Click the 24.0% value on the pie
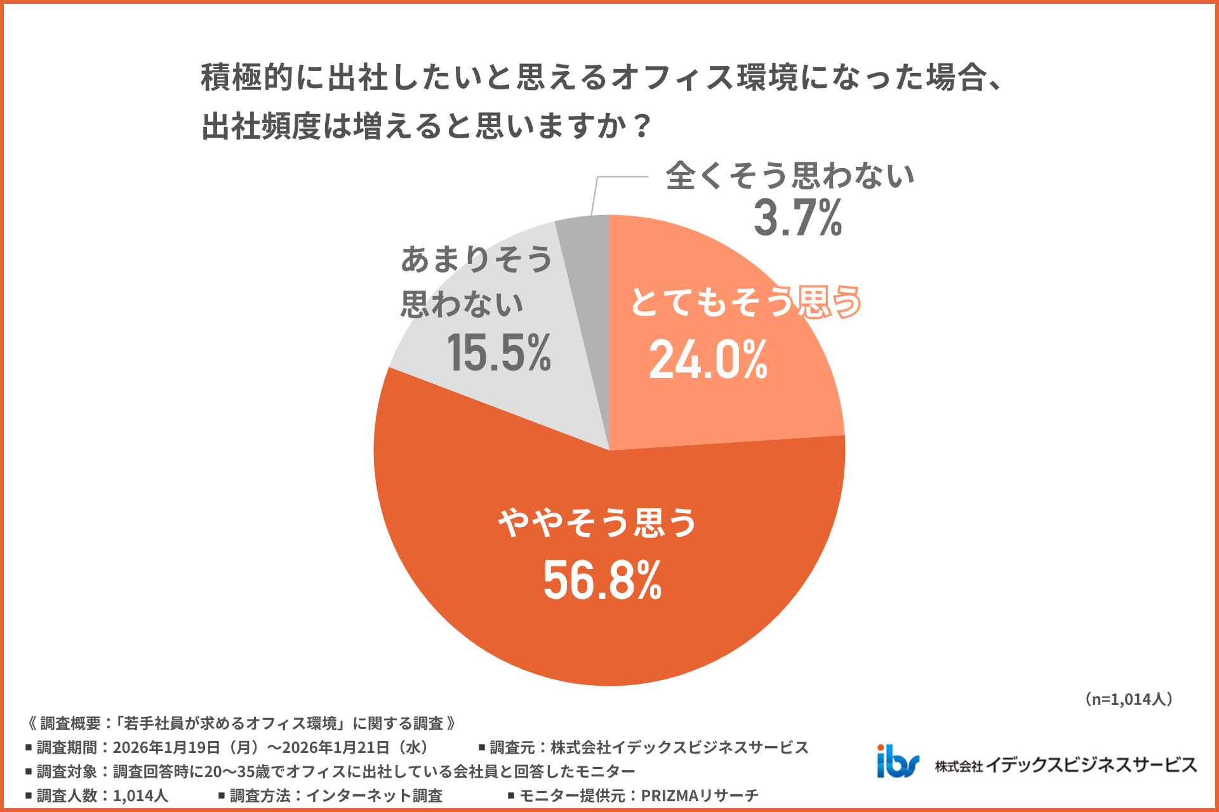point(708,360)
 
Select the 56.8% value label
point(602,580)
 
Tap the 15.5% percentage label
point(498,353)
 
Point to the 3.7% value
point(797,218)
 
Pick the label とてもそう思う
point(745,301)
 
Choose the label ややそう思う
point(597,523)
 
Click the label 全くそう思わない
point(789,175)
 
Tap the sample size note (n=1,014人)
point(1128,699)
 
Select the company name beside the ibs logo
point(1065,765)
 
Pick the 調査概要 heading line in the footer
point(241,723)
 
